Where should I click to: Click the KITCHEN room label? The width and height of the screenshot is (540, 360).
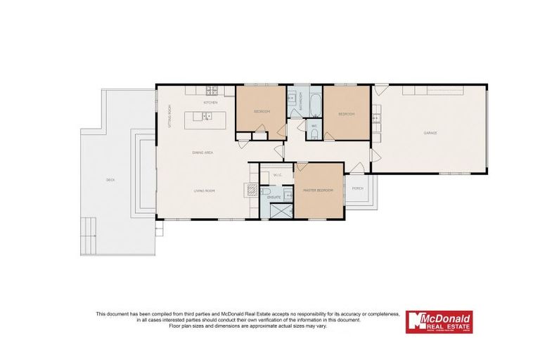tap(210, 103)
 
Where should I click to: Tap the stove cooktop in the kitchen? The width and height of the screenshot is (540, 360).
tap(210, 90)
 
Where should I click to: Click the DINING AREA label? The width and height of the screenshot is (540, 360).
tap(202, 152)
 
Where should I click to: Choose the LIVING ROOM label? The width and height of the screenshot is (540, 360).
tap(204, 191)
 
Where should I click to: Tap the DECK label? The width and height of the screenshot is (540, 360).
tap(110, 181)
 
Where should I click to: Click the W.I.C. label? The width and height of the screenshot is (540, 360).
tap(277, 174)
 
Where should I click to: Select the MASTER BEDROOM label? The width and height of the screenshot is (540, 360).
tap(317, 191)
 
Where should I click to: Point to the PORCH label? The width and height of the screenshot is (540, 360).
tap(357, 188)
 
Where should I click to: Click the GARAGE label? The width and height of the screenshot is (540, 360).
tap(430, 133)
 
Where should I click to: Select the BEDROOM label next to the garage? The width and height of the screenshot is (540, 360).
tap(346, 114)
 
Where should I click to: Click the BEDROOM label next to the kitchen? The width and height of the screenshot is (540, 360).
tap(262, 112)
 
